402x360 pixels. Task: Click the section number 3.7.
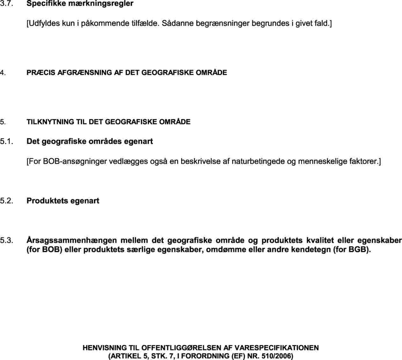click(x=6, y=4)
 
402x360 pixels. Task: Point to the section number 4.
click(x=3, y=73)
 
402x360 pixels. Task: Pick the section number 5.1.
click(x=6, y=141)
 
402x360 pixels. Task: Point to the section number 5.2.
click(x=6, y=201)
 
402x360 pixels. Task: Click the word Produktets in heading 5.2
click(x=47, y=201)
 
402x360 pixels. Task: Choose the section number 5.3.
click(x=6, y=240)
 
